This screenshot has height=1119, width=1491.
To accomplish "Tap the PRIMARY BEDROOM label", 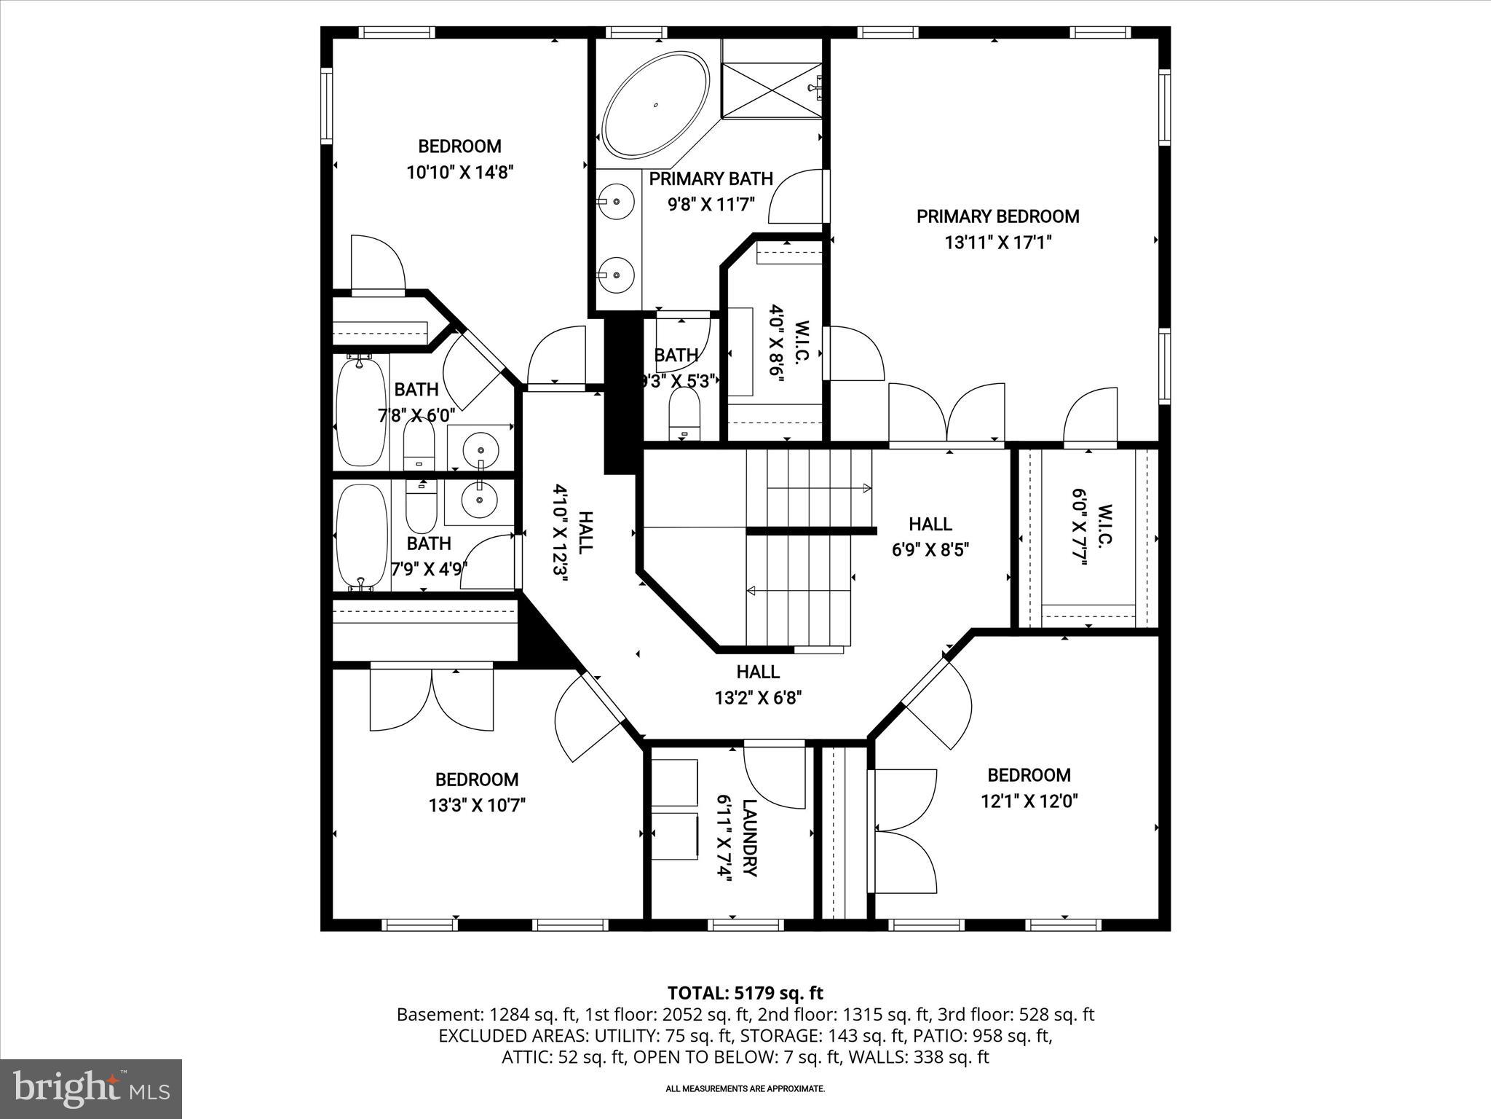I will [997, 216].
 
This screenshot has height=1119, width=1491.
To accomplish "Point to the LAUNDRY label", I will [751, 838].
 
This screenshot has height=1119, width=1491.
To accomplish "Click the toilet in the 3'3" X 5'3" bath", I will [684, 414].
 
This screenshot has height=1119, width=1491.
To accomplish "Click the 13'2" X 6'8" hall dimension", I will [758, 698].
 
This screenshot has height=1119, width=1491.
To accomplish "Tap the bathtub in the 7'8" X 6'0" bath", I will [360, 412].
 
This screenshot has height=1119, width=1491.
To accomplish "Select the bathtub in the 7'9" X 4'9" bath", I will [360, 538].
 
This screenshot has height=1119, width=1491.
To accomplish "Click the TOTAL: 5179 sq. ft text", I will [745, 993].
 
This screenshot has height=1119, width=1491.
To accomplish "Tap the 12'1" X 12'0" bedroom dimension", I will [1029, 801].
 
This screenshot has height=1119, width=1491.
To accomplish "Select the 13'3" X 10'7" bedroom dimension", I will [477, 805].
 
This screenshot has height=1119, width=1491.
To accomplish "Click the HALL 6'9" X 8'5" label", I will [930, 536].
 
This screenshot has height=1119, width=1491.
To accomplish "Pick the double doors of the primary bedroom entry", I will [946, 415].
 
